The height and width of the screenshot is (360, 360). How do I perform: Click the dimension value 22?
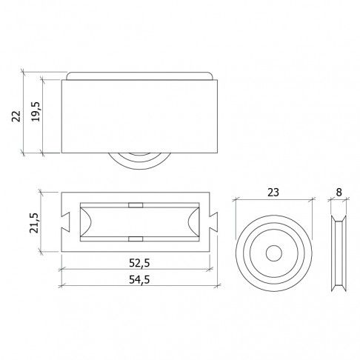pos(16,116)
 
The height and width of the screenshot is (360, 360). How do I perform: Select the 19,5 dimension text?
pos(36,111)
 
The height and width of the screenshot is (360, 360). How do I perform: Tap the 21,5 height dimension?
pos(34,223)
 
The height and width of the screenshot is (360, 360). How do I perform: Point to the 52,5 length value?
pos(139,263)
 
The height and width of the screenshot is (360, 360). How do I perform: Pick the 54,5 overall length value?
pos(139,280)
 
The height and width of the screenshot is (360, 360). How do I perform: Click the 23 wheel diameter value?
pos(273,193)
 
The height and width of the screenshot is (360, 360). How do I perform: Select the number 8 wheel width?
pos(339,192)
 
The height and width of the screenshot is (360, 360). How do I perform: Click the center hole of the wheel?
pos(274,253)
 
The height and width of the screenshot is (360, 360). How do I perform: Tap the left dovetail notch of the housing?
pos(66,222)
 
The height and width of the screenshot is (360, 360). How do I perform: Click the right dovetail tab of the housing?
pos(213,222)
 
